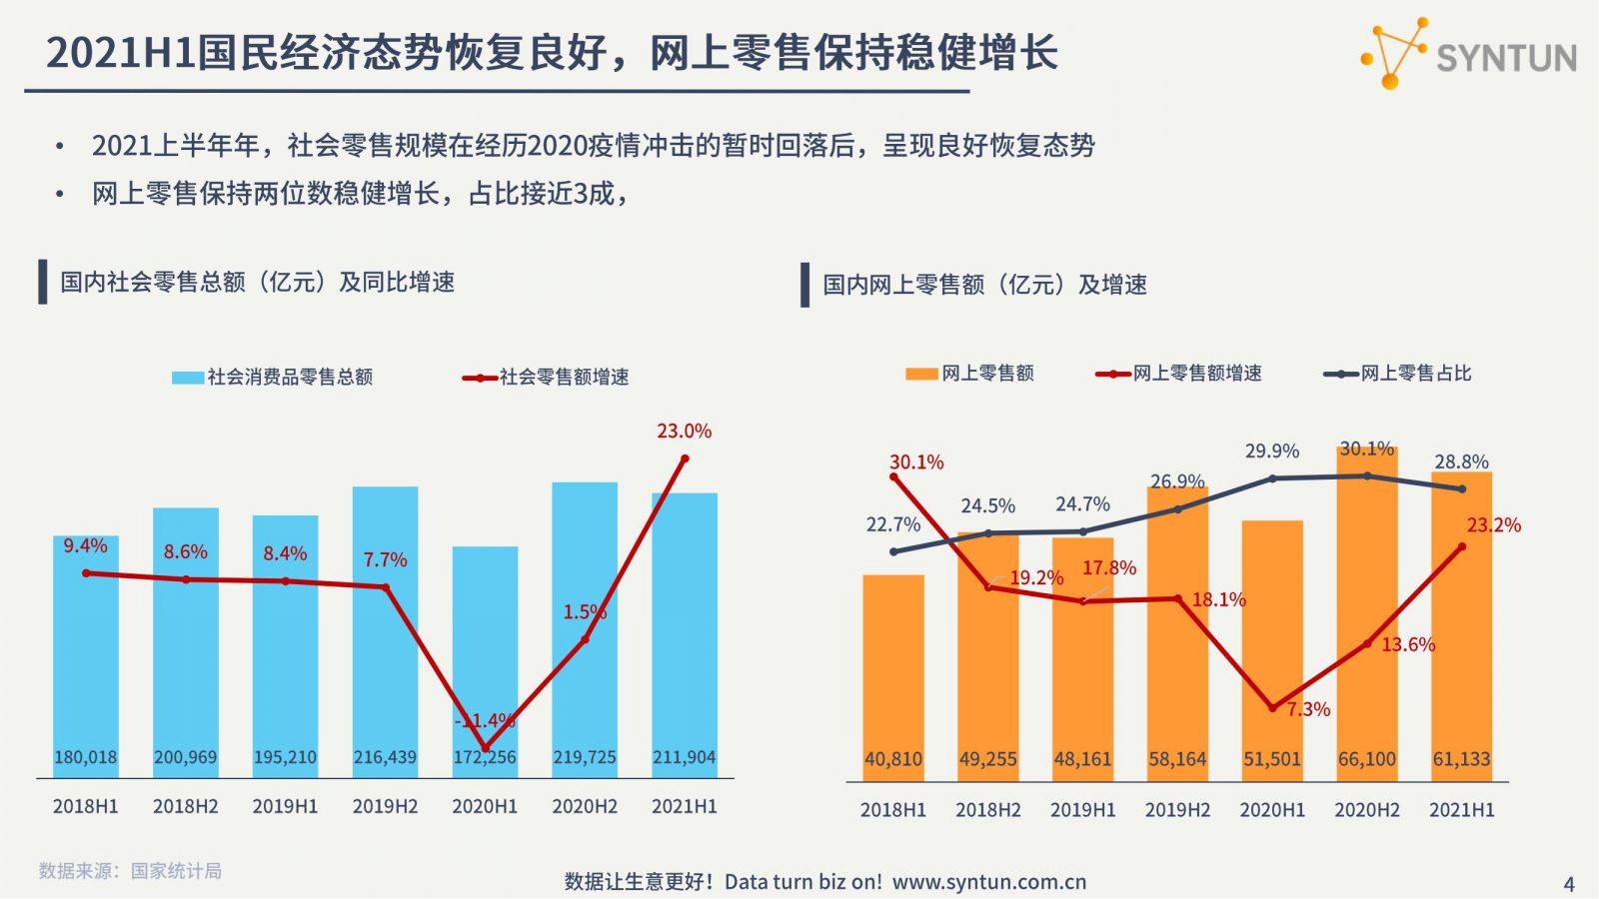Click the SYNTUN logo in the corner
1469,54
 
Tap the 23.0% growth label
685,432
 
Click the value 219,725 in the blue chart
585,757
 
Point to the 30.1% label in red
916,462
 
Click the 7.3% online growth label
1308,709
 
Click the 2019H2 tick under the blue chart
385,806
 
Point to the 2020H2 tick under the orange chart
1366,810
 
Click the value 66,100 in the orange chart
1366,759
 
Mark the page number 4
1568,884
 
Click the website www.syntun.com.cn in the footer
988,882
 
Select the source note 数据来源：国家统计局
130,871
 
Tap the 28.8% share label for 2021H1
1461,462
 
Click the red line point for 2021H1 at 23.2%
1462,546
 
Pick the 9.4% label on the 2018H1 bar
85,546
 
